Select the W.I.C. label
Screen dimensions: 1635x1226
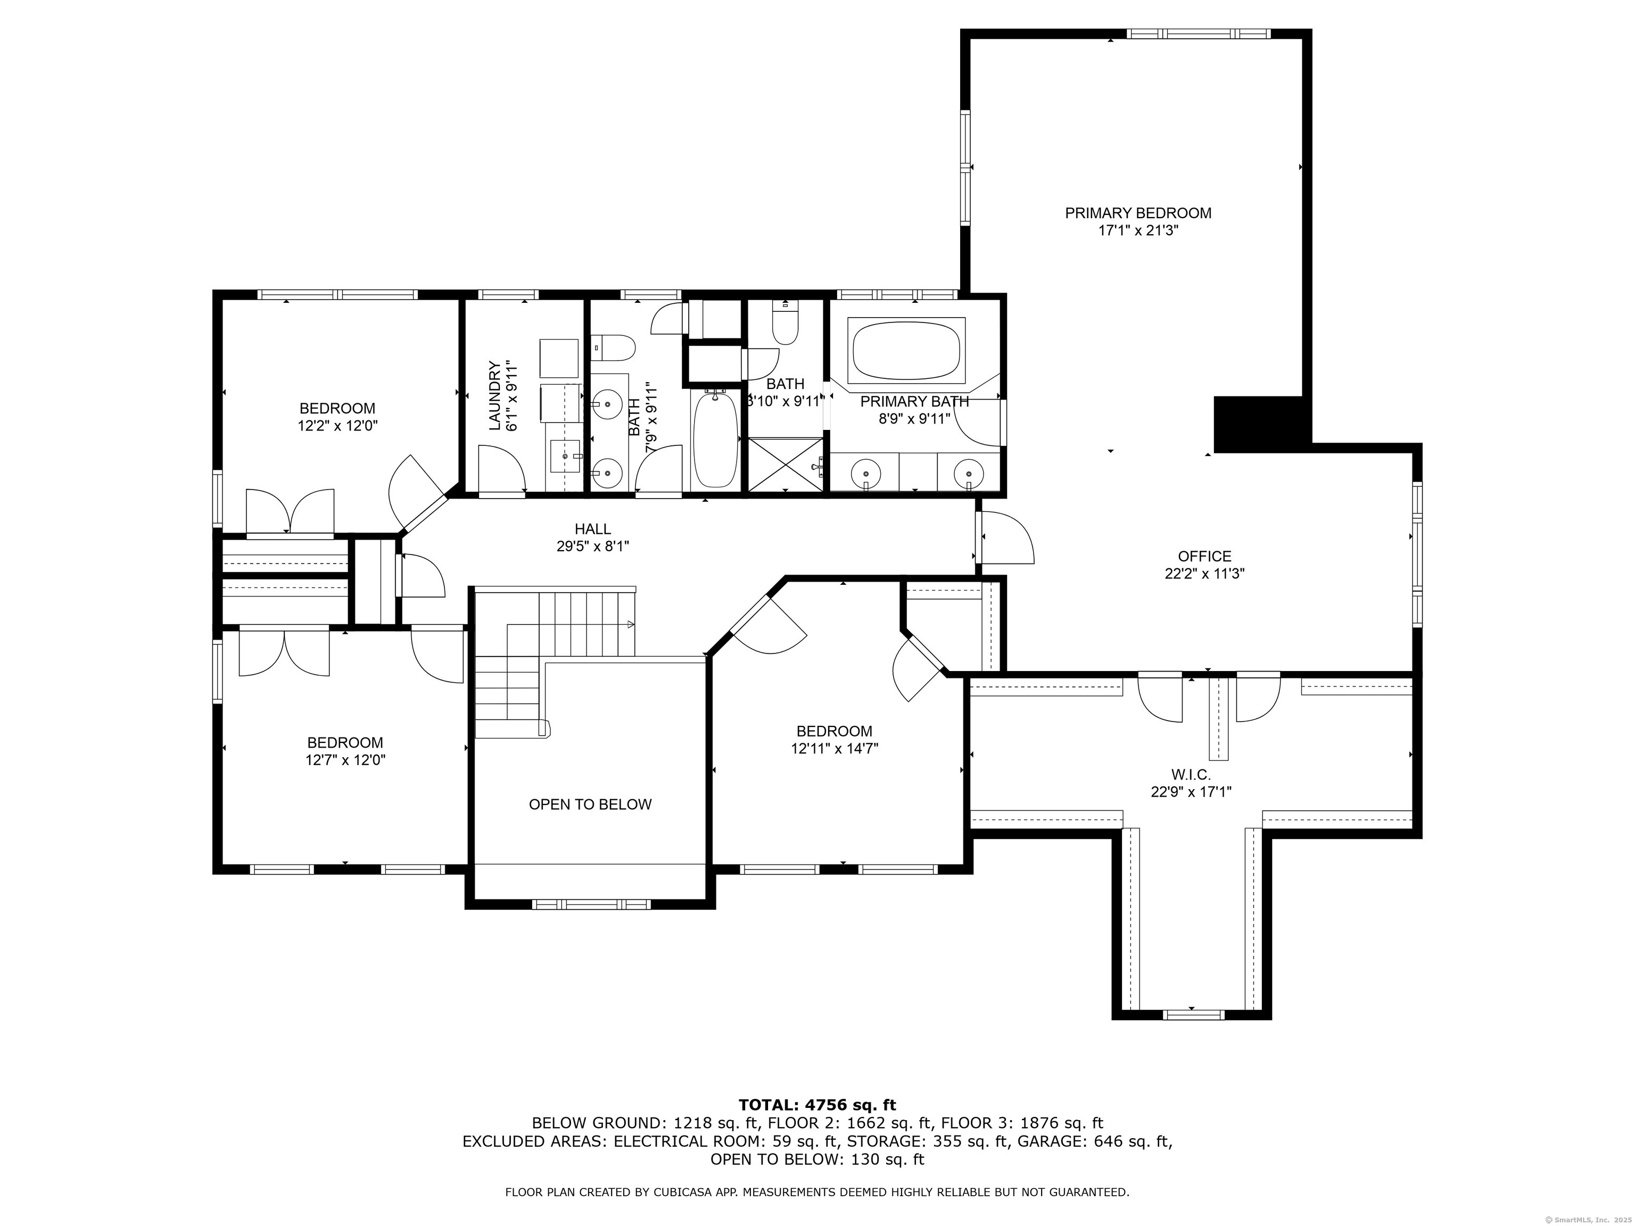[x=1191, y=774]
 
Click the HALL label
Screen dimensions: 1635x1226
[x=593, y=529]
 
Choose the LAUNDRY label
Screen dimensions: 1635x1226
[x=494, y=395]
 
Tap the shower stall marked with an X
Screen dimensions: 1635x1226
[x=786, y=463]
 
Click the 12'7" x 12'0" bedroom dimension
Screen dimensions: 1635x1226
[x=345, y=760]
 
